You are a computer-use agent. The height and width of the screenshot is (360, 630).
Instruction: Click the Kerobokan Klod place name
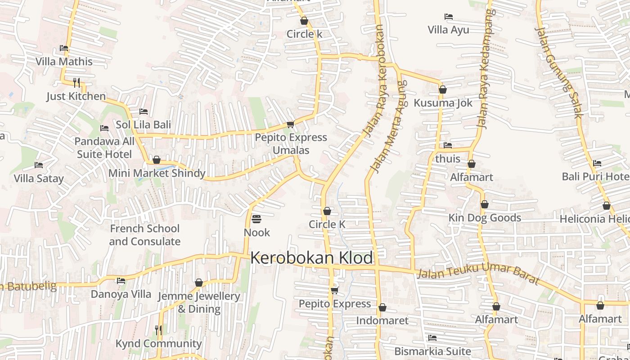pos(311,258)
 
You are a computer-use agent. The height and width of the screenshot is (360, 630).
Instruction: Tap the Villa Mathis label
pos(64,62)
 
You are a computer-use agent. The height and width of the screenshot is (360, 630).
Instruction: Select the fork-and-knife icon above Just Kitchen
pos(76,82)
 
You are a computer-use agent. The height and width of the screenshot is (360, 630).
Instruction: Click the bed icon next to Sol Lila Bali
pos(144,111)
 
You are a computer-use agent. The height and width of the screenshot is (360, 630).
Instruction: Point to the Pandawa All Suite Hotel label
pos(104,148)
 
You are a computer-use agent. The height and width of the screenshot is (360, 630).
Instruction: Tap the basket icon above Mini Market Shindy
pos(157,160)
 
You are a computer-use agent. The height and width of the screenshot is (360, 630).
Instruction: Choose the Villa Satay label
pos(39,179)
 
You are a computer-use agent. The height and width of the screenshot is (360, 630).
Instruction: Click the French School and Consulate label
pos(144,235)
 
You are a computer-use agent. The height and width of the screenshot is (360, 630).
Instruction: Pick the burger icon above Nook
pos(256,219)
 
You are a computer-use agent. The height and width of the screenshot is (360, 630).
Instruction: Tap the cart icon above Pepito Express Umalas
pos(290,124)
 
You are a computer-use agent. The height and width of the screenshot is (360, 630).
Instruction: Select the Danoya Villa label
pos(121,294)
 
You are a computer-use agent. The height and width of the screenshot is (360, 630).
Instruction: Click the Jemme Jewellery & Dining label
pos(199,302)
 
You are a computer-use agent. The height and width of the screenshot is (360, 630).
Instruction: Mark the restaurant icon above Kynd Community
pos(158,330)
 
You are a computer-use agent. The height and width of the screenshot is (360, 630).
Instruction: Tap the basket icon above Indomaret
pos(382,307)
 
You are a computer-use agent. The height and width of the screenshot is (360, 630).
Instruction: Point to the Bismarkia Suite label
pos(432,351)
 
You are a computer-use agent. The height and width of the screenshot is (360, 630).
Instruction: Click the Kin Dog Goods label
pos(485,218)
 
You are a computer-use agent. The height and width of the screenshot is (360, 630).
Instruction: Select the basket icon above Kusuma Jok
pos(443,90)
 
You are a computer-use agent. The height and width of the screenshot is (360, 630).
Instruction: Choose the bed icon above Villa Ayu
pos(448,17)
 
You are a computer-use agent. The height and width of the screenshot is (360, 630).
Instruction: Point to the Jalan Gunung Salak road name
pos(558,72)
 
